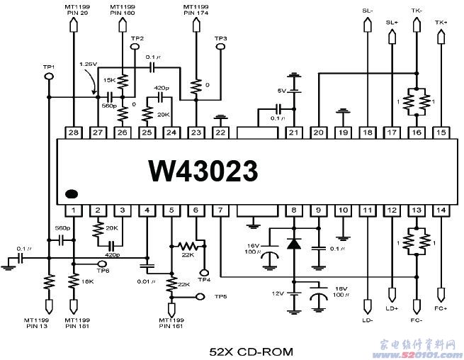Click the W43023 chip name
tap(203, 171)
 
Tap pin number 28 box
tap(74, 132)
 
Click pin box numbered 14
tap(441, 210)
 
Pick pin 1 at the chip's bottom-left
tap(74, 210)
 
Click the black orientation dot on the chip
tap(72, 193)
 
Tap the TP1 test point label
tap(49, 67)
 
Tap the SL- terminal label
tap(367, 11)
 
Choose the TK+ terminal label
tap(441, 22)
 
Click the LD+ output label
tap(392, 308)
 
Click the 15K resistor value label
tap(110, 80)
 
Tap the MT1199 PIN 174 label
tap(196, 10)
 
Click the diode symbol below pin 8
tap(293, 244)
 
